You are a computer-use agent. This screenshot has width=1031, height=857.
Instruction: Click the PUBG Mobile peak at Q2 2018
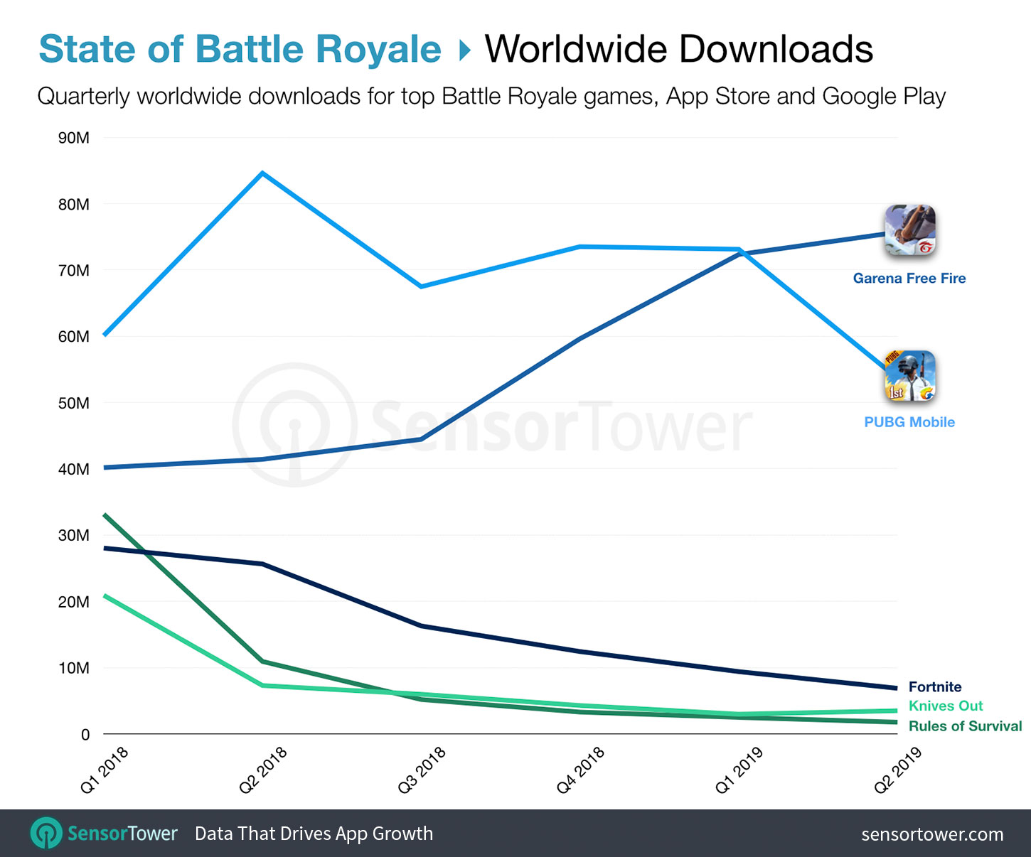[262, 173]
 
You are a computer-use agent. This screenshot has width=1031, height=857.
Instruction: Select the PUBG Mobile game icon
[909, 376]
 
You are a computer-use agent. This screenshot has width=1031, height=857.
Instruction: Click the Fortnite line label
[934, 686]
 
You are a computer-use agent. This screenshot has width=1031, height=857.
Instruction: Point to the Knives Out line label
[945, 706]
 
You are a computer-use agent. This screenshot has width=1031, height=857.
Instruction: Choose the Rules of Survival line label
[965, 726]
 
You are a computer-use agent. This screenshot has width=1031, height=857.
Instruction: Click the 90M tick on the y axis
[74, 138]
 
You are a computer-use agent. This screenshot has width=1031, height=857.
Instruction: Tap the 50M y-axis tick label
[74, 403]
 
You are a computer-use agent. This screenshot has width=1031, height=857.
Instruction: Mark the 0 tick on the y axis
[85, 735]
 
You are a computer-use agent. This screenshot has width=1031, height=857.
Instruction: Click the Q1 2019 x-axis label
[739, 769]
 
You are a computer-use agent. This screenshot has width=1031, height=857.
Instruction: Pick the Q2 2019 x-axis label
[898, 769]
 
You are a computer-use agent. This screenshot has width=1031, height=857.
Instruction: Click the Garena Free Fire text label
[909, 278]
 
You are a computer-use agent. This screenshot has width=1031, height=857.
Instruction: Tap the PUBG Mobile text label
[909, 421]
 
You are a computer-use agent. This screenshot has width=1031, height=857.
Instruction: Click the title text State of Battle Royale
[240, 49]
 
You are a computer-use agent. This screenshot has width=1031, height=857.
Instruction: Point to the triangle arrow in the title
[464, 50]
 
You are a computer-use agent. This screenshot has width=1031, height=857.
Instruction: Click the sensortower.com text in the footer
[932, 834]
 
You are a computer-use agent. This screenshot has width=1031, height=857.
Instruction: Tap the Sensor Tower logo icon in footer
[46, 833]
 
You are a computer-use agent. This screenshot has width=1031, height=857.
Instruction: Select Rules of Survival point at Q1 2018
[105, 514]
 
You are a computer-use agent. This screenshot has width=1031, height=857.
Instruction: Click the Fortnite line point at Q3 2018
[422, 625]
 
